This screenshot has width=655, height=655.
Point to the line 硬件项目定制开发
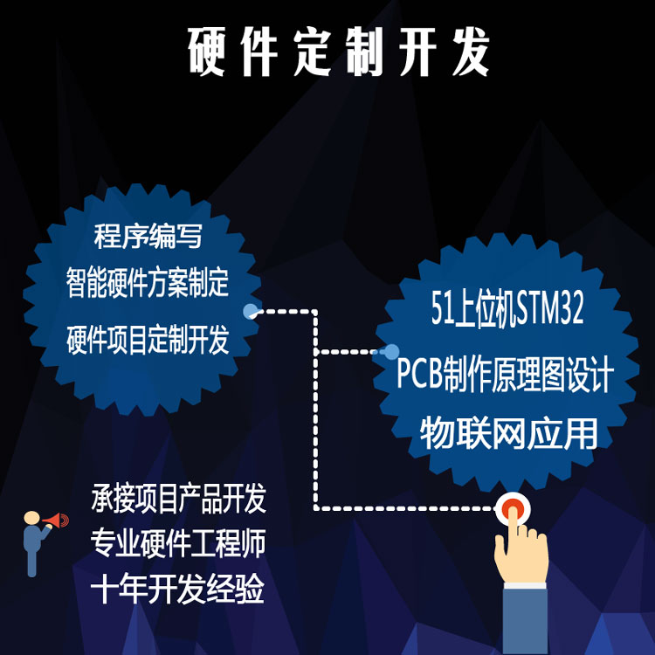click(148, 341)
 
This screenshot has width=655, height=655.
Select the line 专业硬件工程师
click(178, 544)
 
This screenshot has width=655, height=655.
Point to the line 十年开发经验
click(178, 590)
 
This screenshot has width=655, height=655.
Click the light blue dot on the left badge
click(251, 311)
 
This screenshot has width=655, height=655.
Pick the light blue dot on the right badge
click(391, 351)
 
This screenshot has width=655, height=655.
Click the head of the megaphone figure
click(31, 518)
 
